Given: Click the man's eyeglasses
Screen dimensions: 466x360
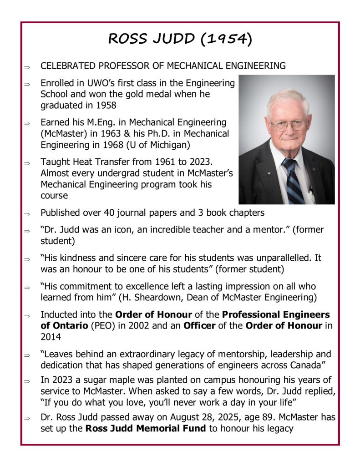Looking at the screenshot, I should coord(289,124).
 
